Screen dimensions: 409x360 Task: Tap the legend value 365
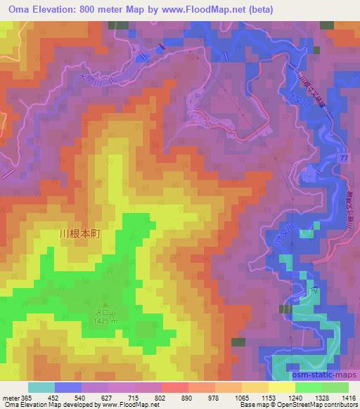[x=27, y=397]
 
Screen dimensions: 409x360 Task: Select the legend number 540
[x=80, y=397]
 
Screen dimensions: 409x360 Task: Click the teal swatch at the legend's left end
[x=41, y=387]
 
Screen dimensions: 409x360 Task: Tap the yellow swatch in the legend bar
[x=281, y=387]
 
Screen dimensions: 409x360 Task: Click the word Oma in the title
[x=14, y=9]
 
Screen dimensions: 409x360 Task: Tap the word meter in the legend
[x=11, y=397]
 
